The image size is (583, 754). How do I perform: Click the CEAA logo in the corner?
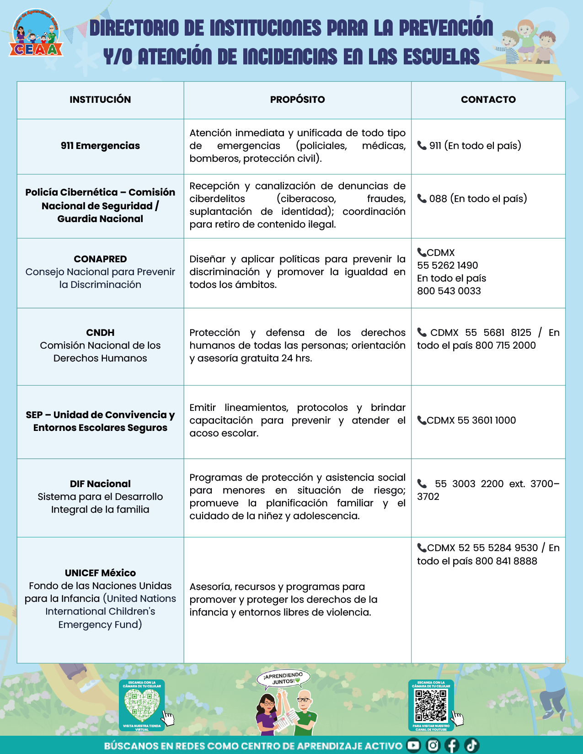[35, 35]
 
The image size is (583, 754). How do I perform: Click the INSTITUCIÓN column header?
[100, 100]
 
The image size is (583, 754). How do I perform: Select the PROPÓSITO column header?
[297, 100]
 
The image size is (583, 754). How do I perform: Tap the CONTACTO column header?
[488, 100]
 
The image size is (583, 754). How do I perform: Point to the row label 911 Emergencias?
[100, 146]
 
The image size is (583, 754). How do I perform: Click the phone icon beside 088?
[422, 199]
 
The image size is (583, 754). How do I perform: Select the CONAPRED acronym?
[100, 259]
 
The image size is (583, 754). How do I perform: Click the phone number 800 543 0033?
[449, 291]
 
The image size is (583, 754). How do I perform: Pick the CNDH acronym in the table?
[100, 333]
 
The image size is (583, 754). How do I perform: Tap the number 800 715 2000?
[505, 345]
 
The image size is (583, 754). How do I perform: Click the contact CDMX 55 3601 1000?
[471, 420]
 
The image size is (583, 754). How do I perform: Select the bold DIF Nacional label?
[100, 484]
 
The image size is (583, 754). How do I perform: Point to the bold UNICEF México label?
[100, 573]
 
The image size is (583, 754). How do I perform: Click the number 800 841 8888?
[506, 561]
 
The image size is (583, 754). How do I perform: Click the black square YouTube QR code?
[430, 704]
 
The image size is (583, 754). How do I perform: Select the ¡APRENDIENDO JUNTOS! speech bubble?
[283, 678]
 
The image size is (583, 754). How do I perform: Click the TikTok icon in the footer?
[471, 746]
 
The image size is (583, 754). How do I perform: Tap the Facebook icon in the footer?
[452, 746]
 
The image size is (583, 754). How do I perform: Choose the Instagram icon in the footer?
[433, 746]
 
